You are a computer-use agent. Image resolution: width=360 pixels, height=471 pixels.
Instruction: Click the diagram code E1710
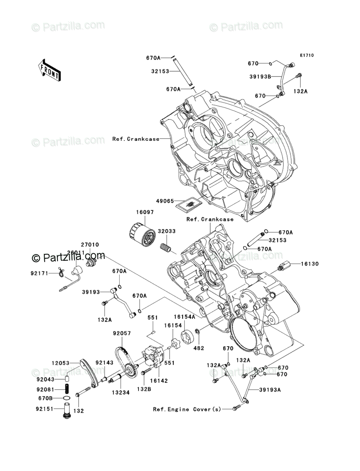pos(306,55)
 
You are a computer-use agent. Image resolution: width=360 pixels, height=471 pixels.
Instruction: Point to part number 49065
pos(166,200)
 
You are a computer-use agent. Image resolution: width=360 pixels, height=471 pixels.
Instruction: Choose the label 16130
pos(310,264)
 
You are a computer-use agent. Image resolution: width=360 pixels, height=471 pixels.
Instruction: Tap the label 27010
pos(89,244)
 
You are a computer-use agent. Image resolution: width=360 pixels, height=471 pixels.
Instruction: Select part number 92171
pos(39,274)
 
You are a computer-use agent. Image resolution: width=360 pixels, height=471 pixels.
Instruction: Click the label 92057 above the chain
pos(122,333)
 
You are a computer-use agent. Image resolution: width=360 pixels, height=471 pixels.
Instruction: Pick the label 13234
pos(121,392)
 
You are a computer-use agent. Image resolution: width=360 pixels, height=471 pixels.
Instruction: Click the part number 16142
pos(159,380)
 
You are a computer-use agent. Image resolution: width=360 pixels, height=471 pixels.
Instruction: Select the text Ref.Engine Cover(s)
pos(187,409)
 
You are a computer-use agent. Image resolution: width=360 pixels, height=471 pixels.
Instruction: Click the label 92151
pos(45,408)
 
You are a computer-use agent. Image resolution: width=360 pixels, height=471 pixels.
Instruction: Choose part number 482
pos(199,347)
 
